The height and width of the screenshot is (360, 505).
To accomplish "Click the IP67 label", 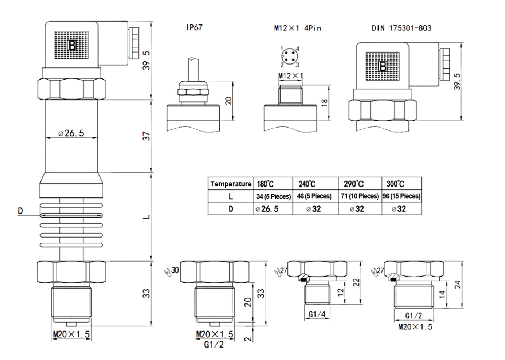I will (194, 29).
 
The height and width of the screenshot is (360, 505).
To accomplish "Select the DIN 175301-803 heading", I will (401, 29).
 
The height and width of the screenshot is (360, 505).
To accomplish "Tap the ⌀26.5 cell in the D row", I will (272, 208).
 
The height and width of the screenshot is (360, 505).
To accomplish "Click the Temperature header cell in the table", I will (230, 183).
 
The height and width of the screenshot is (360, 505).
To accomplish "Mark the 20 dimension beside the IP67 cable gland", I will (228, 100).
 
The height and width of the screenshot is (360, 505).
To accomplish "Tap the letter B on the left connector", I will (73, 46).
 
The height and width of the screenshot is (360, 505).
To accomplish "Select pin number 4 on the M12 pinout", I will (298, 48).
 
